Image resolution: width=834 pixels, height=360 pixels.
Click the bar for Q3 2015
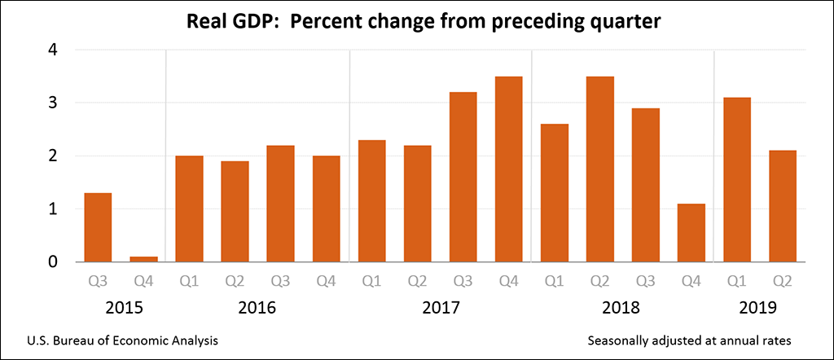[x=98, y=227]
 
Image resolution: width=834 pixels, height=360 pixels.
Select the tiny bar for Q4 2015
[x=143, y=259]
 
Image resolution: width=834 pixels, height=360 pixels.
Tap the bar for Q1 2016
[x=189, y=209]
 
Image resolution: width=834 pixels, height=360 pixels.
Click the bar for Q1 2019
[x=737, y=179]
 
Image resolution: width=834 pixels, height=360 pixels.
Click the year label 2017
[x=441, y=309]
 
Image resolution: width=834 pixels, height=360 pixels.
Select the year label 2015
[x=121, y=309]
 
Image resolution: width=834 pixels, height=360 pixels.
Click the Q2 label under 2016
[x=235, y=282]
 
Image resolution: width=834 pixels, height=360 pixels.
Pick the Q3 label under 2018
[x=646, y=282]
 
